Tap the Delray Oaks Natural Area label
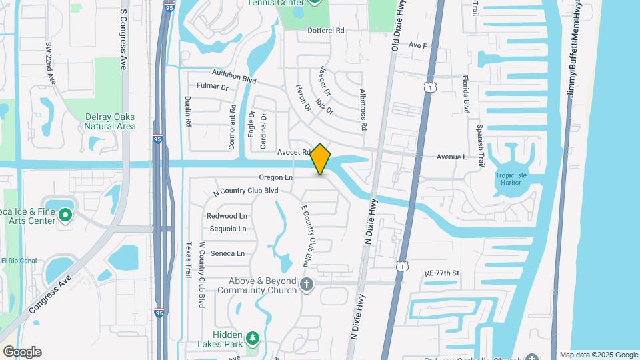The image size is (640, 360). point(111,121)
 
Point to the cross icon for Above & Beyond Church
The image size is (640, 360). point(307,285)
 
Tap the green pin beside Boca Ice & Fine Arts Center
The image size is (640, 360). point(65,215)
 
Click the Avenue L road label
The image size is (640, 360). point(451,157)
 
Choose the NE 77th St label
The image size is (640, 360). point(442,273)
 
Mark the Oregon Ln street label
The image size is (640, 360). point(275,178)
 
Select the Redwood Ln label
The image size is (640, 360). point(227,216)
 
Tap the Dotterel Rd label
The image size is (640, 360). point(325,31)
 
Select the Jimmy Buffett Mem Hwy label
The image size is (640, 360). point(574,50)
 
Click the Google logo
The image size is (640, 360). point(22,352)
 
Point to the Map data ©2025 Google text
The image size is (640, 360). point(599,355)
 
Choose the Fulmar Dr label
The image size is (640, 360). point(213,87)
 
